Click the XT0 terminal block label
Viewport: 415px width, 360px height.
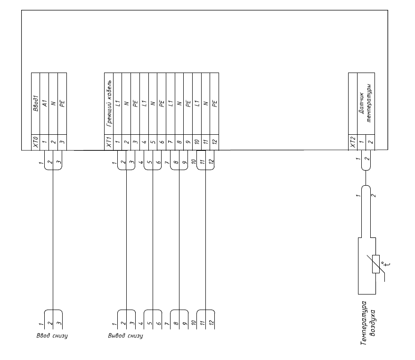36,142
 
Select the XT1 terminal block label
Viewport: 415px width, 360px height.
109,142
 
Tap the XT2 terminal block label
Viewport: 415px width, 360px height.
353,142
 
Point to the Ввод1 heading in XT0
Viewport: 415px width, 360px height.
36,104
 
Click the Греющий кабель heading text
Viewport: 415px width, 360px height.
109,103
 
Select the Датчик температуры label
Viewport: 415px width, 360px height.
366,103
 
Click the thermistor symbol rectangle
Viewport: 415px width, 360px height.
376,264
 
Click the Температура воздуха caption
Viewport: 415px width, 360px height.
368,323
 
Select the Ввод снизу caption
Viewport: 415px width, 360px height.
52,335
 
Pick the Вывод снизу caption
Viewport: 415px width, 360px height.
125,335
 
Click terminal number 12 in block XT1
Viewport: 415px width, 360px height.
215,142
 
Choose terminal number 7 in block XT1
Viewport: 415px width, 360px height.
171,142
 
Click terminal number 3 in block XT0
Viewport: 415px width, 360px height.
62,142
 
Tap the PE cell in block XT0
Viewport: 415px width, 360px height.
62,103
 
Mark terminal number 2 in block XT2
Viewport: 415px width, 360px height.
371,142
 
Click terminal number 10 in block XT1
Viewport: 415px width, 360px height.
197,142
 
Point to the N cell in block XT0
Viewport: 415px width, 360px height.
53,103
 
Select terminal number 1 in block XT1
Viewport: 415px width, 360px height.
117,142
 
